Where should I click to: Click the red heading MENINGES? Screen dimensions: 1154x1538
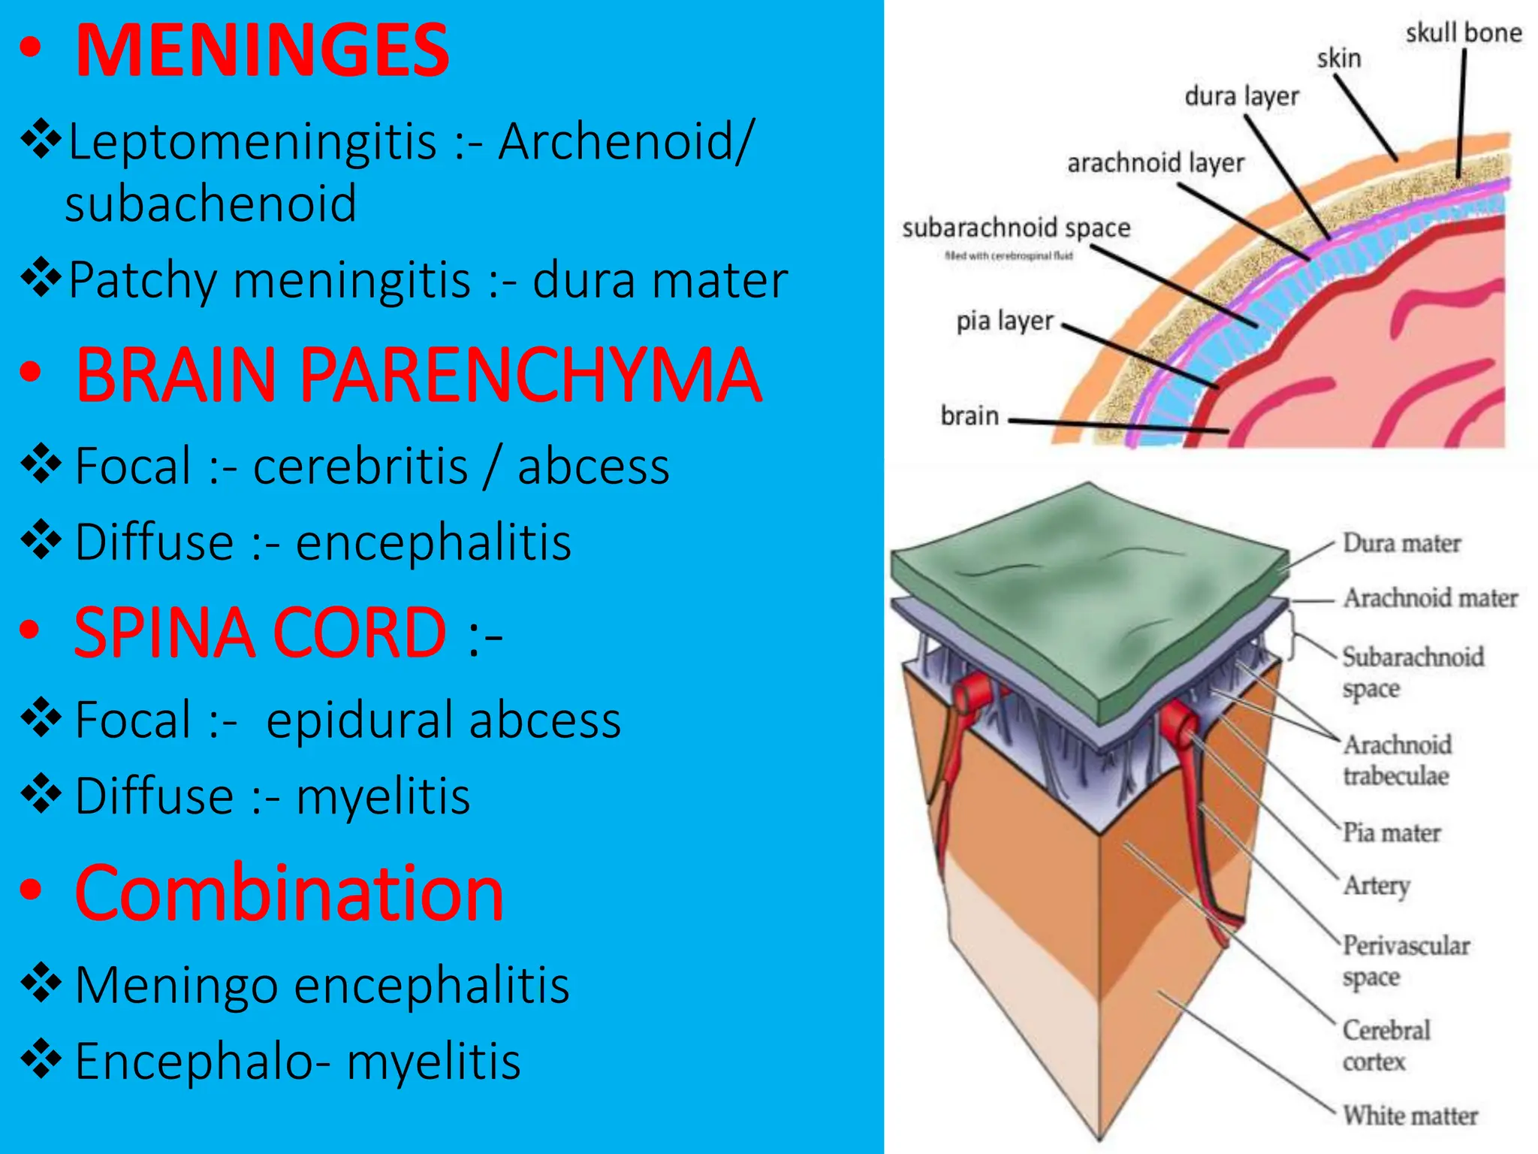(262, 51)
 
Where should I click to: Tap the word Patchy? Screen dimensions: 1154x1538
(143, 280)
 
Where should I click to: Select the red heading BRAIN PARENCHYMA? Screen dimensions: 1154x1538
(418, 376)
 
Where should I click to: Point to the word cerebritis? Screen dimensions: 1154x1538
(360, 467)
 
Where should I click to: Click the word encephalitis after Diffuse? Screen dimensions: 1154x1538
(433, 542)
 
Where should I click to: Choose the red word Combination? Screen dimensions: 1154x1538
(289, 893)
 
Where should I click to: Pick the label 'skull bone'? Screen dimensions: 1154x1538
(1463, 34)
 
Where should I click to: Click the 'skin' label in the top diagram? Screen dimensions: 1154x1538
(1338, 59)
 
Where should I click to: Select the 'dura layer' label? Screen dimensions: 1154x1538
(1241, 97)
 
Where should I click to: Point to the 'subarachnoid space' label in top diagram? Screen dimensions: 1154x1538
(1016, 228)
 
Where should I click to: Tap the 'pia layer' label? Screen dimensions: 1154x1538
(1004, 322)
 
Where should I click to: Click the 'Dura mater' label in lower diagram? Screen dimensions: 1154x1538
(1401, 543)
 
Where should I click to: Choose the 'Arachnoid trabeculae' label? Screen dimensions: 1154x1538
(1397, 760)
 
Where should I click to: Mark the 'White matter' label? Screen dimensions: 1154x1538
(1410, 1116)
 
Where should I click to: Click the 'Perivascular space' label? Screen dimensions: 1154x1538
(1405, 961)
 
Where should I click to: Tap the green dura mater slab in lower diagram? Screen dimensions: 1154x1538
(1089, 586)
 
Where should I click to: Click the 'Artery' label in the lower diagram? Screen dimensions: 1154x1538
(1376, 886)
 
